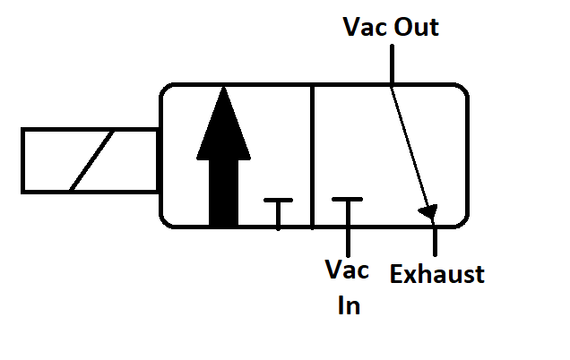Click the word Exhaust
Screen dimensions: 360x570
(437, 274)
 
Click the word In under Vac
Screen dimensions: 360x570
(349, 305)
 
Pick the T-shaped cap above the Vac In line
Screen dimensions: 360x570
(347, 200)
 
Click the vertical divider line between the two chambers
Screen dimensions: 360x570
(312, 157)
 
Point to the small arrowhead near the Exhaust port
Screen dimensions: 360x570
(429, 212)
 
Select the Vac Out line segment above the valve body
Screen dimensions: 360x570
(391, 63)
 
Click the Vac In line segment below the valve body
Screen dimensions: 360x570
(347, 240)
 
